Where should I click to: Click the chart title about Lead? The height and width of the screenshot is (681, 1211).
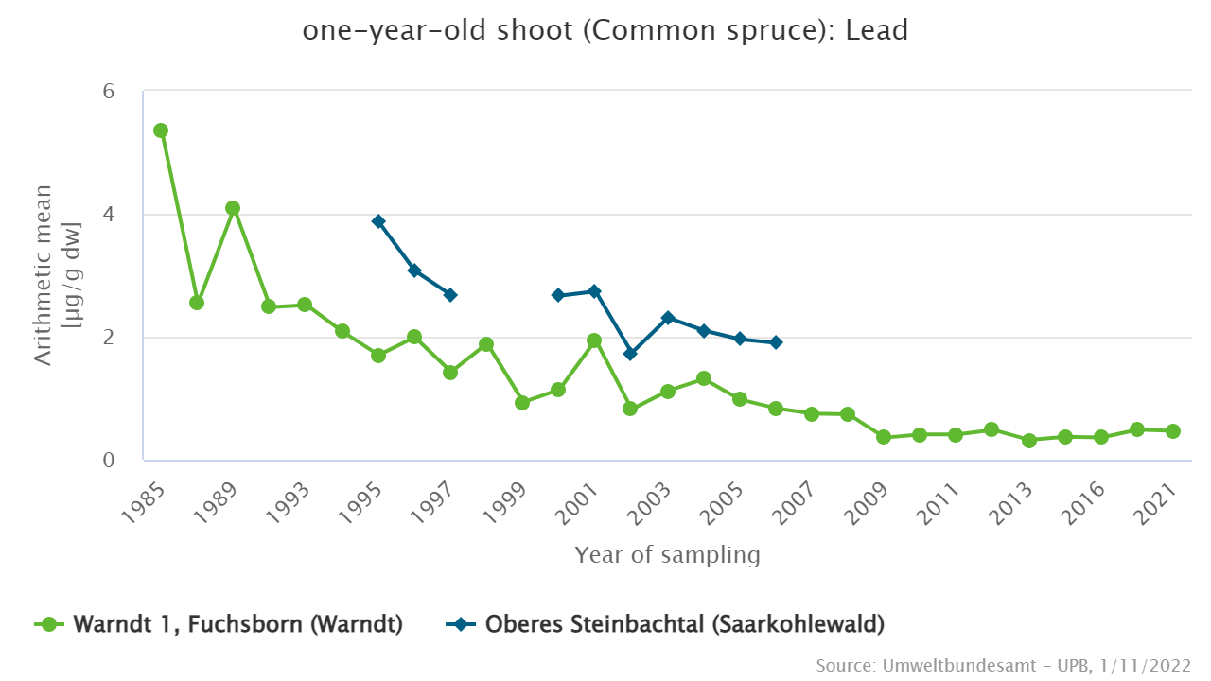pyautogui.click(x=605, y=30)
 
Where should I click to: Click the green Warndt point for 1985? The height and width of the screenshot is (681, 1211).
pyautogui.click(x=161, y=131)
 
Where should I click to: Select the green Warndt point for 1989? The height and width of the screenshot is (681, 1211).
pyautogui.click(x=233, y=208)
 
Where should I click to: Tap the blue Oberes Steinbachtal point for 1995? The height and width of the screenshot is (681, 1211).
pyautogui.click(x=378, y=221)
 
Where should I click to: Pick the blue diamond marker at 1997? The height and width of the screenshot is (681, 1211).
pyautogui.click(x=450, y=295)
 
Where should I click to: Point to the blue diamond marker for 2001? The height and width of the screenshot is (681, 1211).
pyautogui.click(x=594, y=291)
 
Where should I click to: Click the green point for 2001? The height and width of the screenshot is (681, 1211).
pyautogui.click(x=594, y=340)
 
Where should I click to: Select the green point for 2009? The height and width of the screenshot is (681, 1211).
pyautogui.click(x=884, y=437)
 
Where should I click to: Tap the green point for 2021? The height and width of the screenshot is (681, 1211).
pyautogui.click(x=1173, y=431)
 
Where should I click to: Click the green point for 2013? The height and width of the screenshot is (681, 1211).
pyautogui.click(x=1029, y=441)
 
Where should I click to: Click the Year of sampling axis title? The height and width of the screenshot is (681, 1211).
pyautogui.click(x=667, y=555)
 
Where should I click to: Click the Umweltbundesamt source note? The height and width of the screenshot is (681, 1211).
pyautogui.click(x=1003, y=666)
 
